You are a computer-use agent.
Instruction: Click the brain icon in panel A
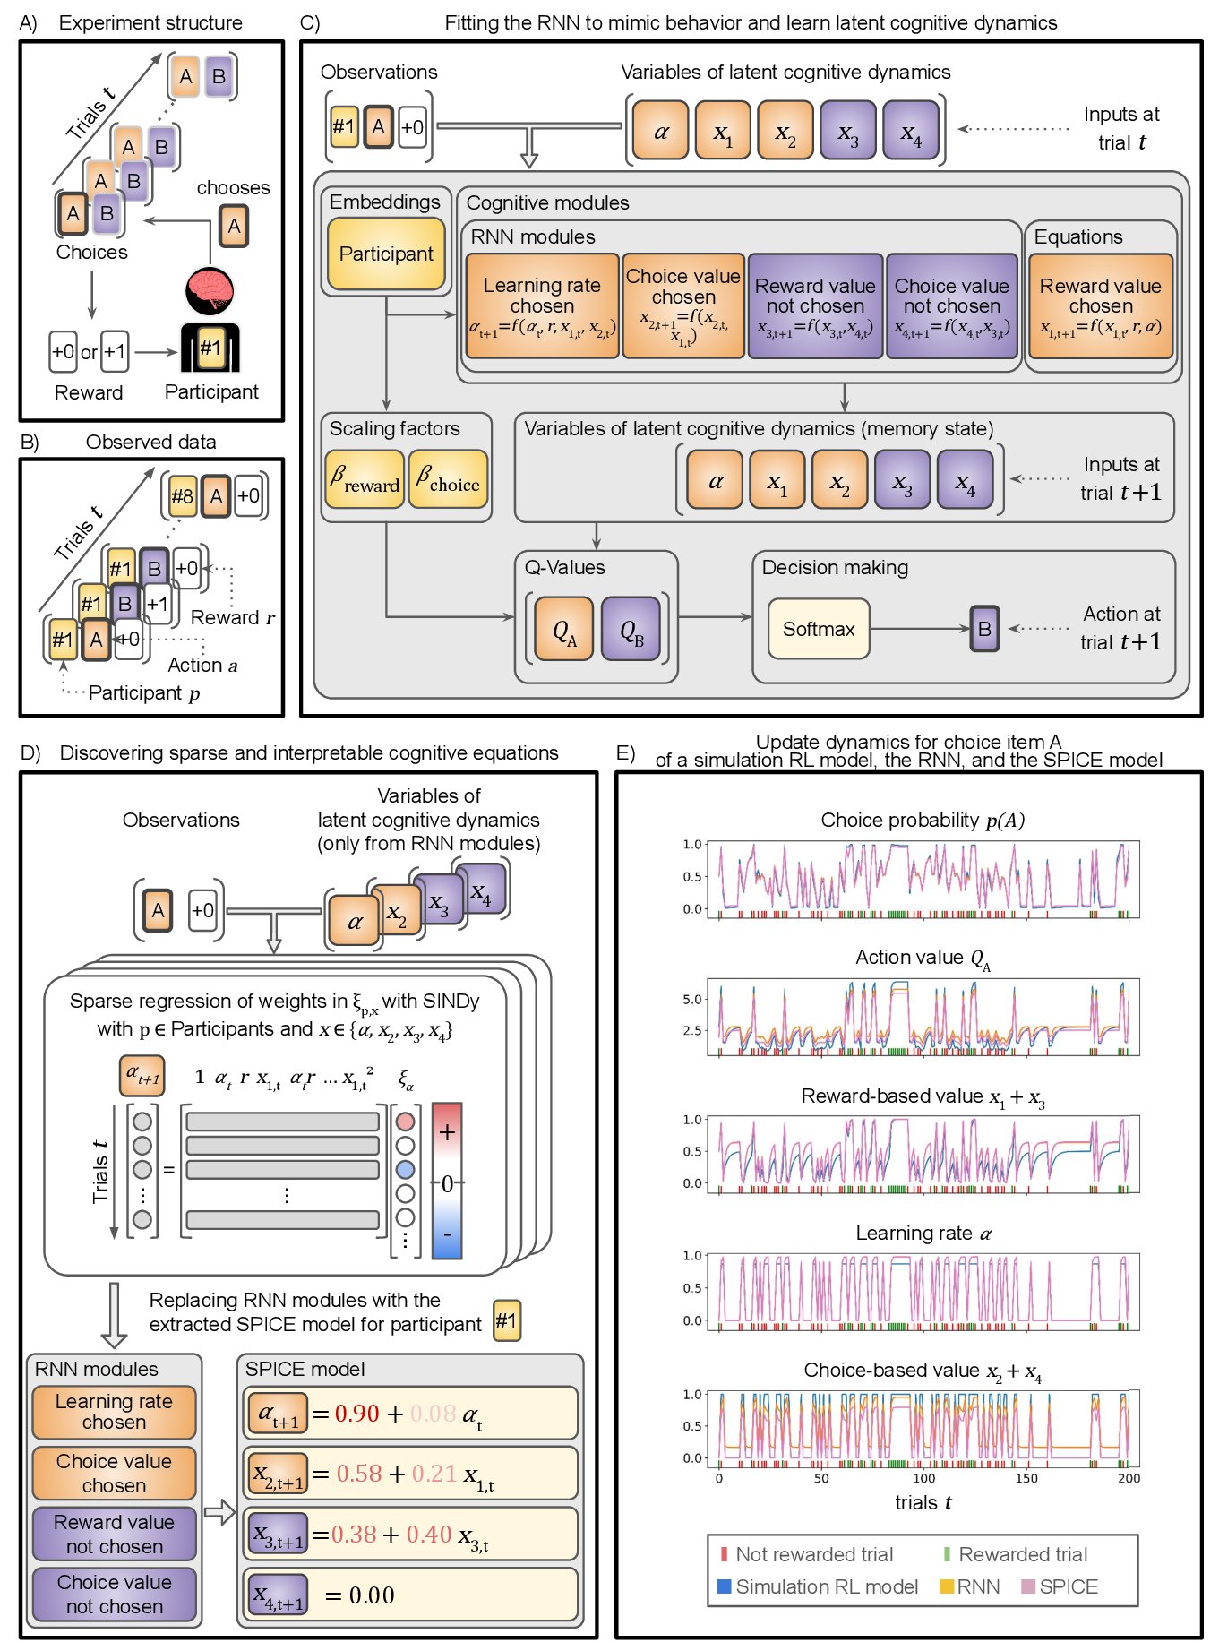click(210, 289)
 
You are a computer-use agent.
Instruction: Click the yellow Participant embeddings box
click(386, 254)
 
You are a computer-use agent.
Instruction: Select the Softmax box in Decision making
click(819, 629)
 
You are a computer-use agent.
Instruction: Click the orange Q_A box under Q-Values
click(564, 630)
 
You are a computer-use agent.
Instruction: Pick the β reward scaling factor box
click(365, 480)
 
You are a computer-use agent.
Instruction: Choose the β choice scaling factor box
click(448, 480)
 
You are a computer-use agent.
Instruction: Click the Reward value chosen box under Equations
click(1100, 306)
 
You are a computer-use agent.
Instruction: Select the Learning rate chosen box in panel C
click(542, 306)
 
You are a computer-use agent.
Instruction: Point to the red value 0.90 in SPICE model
click(357, 1414)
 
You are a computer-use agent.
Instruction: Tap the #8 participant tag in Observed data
click(182, 496)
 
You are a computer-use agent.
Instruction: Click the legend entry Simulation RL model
click(826, 1586)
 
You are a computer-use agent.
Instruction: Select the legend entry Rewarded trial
click(1022, 1554)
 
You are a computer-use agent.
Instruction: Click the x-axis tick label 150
click(1026, 1478)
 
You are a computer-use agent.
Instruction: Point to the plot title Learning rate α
click(923, 1234)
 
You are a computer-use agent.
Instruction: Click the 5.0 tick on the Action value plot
click(692, 999)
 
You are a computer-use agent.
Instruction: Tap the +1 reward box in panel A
click(115, 351)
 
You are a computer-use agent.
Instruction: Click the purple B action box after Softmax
click(984, 629)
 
